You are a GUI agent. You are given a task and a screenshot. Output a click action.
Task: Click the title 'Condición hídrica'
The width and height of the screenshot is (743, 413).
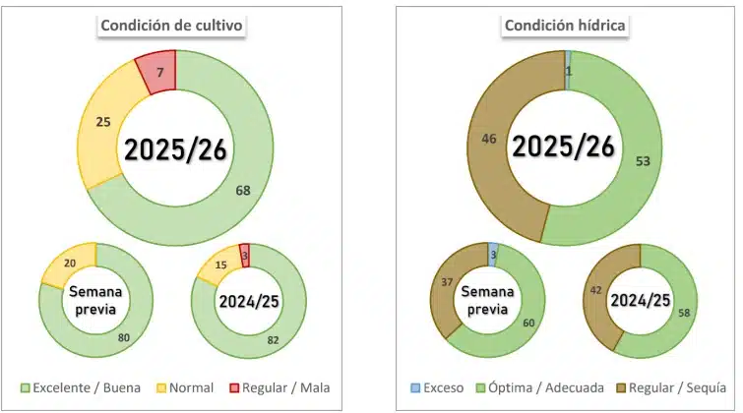565,26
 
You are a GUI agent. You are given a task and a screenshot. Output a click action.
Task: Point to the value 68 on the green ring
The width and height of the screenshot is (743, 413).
242,190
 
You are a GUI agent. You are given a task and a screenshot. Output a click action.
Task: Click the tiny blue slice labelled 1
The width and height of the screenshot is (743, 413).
568,71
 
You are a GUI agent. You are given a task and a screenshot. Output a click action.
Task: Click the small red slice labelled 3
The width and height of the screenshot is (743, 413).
244,257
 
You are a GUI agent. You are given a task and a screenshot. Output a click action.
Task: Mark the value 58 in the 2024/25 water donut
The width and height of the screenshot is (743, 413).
683,312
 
